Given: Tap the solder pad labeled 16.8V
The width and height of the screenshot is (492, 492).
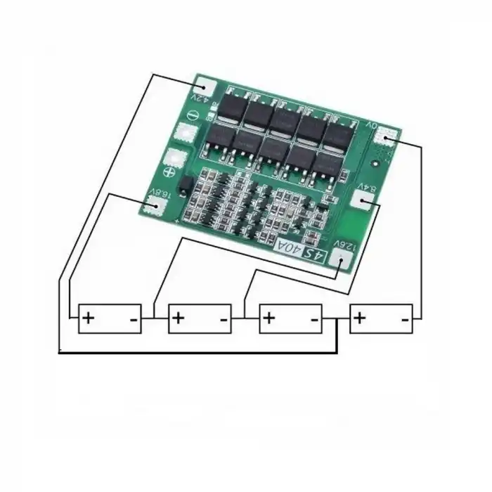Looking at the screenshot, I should pos(153,205).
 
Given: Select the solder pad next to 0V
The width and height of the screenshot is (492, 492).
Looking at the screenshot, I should pos(390,138).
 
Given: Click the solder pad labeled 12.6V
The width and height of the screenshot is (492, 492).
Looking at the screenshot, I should pos(341,262).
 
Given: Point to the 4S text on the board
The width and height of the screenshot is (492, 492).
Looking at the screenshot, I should pos(313,254).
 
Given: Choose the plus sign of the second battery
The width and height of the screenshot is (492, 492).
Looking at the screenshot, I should pos(179,318).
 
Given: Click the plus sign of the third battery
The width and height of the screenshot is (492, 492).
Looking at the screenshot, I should pos(270,318).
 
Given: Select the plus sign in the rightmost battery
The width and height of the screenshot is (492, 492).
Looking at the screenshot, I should pos(360,318).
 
